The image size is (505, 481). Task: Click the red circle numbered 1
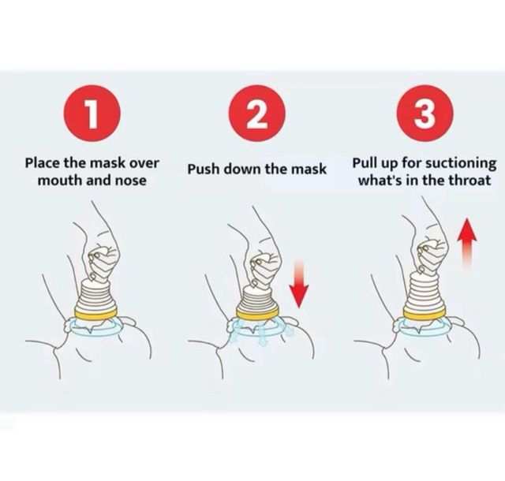[92, 114]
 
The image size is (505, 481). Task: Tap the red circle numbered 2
[257, 114]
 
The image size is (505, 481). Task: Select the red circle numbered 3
[425, 114]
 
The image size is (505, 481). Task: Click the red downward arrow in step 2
[299, 283]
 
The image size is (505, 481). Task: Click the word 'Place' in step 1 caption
[42, 163]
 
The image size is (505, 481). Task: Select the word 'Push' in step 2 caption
[204, 169]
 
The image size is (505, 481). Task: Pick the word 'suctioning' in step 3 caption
[461, 163]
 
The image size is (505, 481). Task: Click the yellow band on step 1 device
[95, 315]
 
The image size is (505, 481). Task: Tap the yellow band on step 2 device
[257, 312]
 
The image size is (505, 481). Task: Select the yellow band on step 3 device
[425, 314]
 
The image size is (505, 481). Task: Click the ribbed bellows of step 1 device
[95, 295]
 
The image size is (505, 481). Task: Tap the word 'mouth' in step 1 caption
[57, 181]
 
